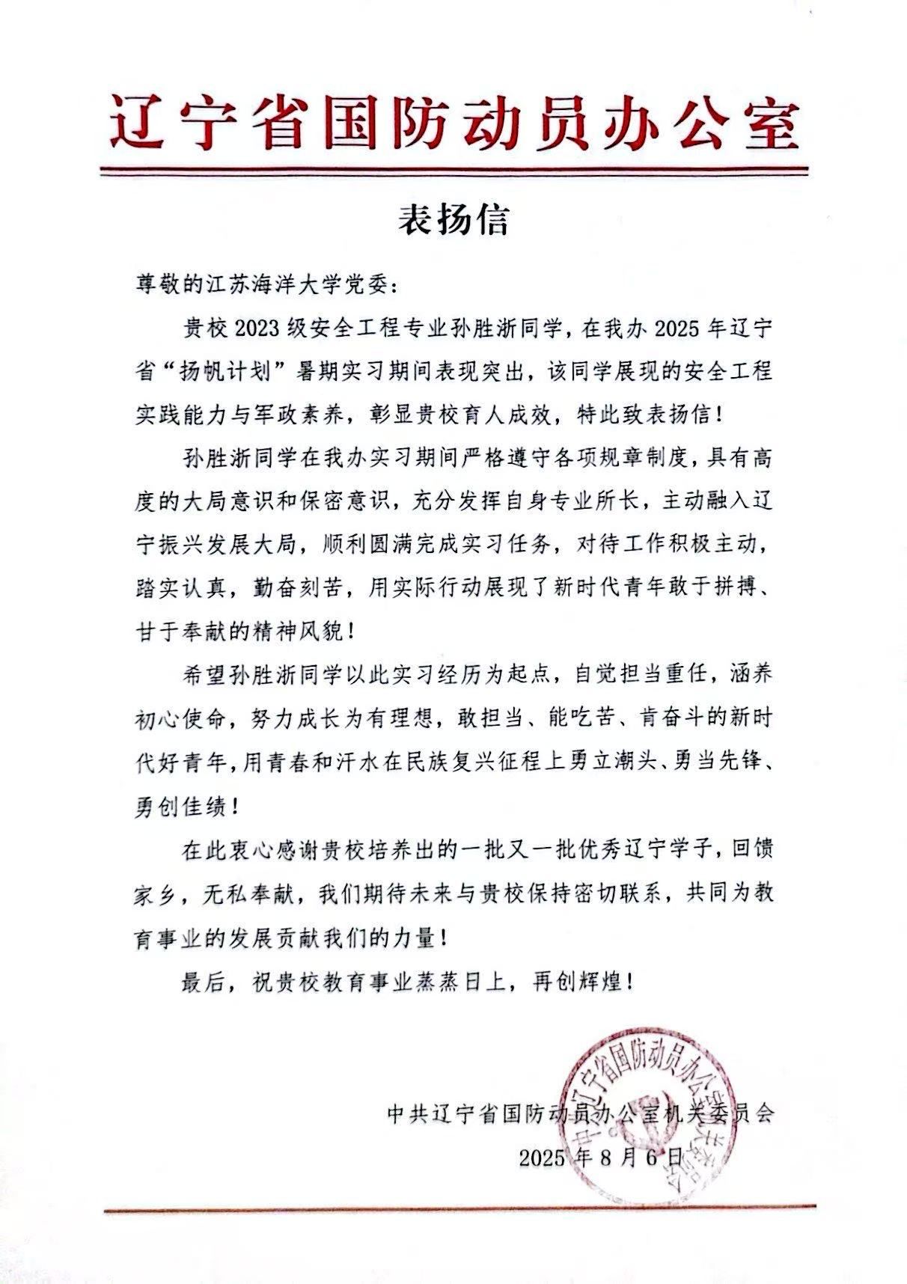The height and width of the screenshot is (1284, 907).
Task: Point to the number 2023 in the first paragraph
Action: [x=258, y=327]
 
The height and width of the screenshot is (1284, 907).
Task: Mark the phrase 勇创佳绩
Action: [x=182, y=806]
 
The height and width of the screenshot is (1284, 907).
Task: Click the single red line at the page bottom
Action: [x=459, y=1206]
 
